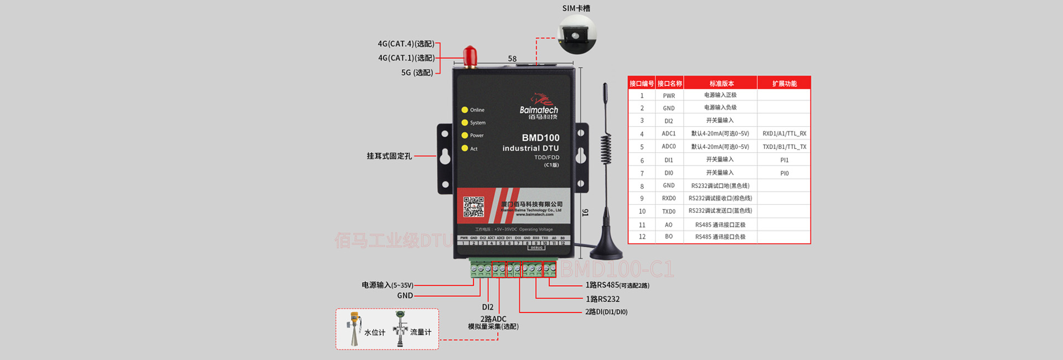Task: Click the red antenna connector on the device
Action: [469, 56]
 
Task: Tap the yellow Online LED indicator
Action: [465, 110]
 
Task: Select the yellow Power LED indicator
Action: [465, 135]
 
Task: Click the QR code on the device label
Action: [473, 207]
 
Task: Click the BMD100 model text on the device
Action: [540, 137]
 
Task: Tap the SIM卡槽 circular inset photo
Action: [577, 34]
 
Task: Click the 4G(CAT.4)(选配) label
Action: [406, 44]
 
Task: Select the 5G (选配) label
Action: [417, 73]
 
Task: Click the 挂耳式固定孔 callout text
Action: [389, 156]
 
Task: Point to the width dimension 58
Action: [512, 59]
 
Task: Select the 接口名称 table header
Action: [669, 84]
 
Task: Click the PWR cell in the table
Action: [669, 96]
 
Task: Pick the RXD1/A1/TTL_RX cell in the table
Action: [784, 133]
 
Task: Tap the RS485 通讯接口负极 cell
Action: [720, 236]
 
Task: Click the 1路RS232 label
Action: [602, 299]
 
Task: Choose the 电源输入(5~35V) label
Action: [388, 285]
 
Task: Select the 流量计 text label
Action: [420, 332]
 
